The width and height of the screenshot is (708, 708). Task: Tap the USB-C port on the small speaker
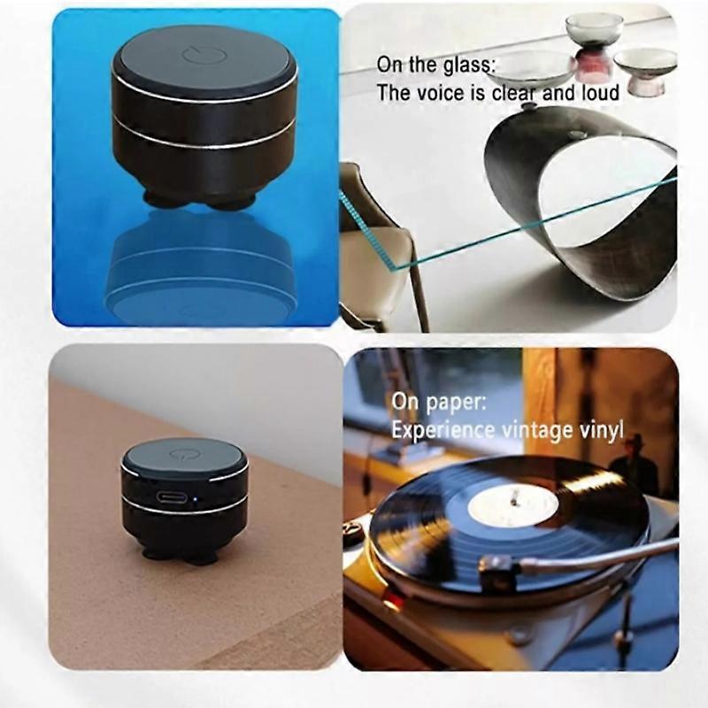pyautogui.click(x=173, y=496)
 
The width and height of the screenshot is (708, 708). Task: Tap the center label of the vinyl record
pyautogui.click(x=512, y=505)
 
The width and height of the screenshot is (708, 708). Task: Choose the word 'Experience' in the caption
pyautogui.click(x=442, y=430)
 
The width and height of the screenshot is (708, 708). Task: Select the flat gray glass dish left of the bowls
pyautogui.click(x=530, y=66)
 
